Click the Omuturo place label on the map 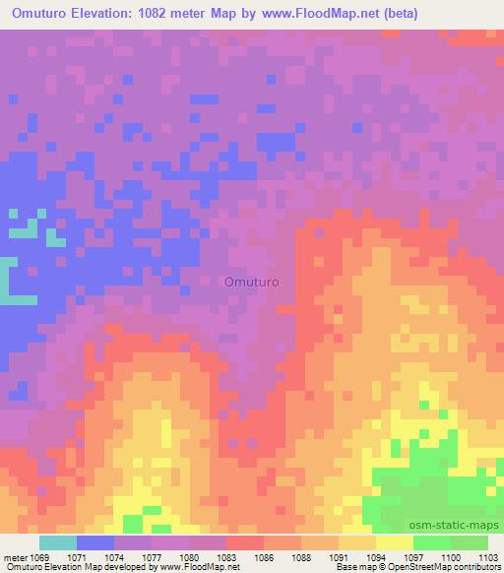(x=252, y=282)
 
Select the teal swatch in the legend (x=58, y=542)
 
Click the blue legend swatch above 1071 (x=95, y=542)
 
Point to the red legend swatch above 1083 (x=245, y=542)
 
